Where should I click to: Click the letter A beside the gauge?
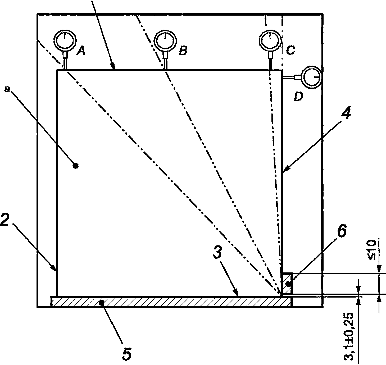(x=81, y=51)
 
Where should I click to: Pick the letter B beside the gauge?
(x=183, y=50)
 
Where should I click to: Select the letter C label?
(x=290, y=50)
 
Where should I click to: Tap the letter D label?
(x=298, y=96)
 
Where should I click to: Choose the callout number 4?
(x=346, y=112)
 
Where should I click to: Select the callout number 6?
(x=342, y=230)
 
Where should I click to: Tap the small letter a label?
(x=7, y=90)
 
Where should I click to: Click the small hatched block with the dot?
(x=287, y=284)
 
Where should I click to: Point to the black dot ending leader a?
(x=75, y=166)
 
